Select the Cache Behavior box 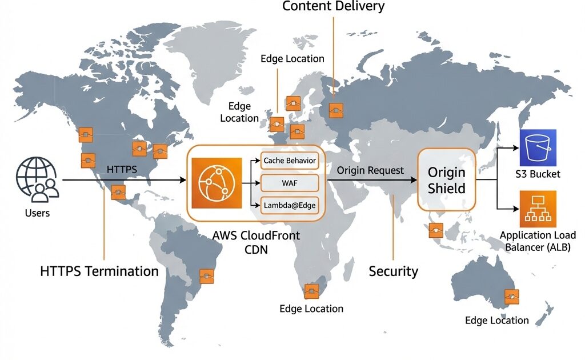coord(289,161)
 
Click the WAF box coord(289,183)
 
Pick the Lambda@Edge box coord(289,205)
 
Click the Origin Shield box coord(446,180)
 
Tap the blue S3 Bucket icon coord(538,148)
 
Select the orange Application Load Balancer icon coord(538,209)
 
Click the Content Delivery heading coord(334,7)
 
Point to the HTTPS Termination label coord(99,271)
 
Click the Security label coord(393,271)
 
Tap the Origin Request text coord(370,170)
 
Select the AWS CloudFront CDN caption coord(256,242)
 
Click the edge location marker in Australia coord(511,297)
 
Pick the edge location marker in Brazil coord(206,276)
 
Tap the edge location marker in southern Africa coord(311,291)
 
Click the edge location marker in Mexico coord(118,193)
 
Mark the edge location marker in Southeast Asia coord(436,230)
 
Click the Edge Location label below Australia coord(496,320)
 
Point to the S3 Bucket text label coord(538,174)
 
